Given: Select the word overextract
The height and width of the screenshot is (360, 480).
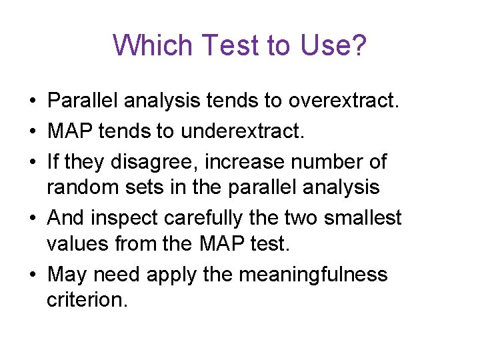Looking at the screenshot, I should point(343,101).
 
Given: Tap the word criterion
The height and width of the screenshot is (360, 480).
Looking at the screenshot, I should point(86,301).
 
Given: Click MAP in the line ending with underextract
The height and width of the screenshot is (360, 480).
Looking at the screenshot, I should point(69,131).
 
